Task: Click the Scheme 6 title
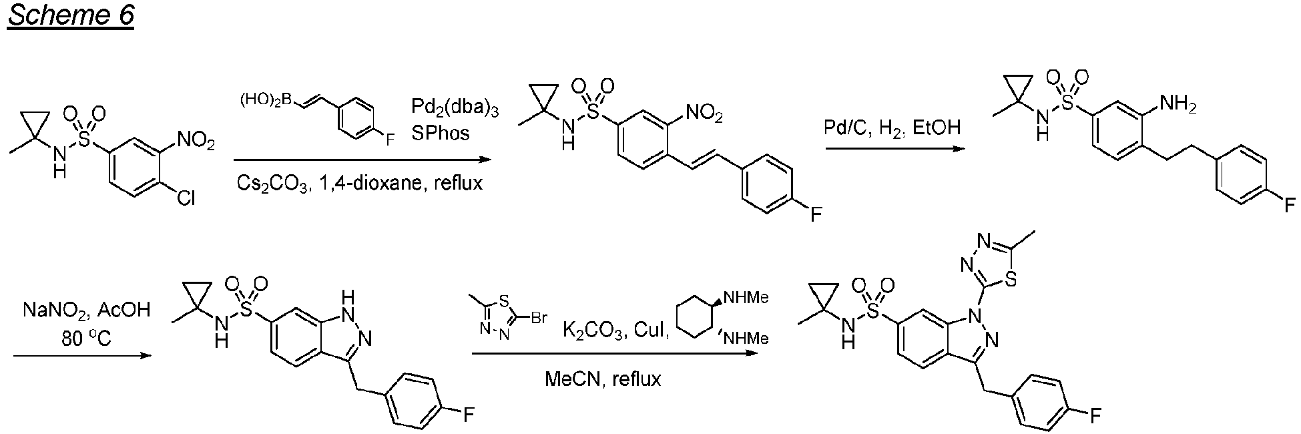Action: [71, 15]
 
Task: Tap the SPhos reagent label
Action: [441, 133]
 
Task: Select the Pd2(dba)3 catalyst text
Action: [455, 107]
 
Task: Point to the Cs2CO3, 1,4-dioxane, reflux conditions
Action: [360, 183]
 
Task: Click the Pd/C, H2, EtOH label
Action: [893, 128]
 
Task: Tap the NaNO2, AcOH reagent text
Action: [87, 310]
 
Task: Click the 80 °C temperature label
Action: [84, 339]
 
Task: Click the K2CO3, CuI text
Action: [617, 330]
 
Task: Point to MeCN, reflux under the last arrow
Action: [603, 379]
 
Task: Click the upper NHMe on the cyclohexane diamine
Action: [746, 298]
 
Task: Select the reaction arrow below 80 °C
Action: [80, 356]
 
